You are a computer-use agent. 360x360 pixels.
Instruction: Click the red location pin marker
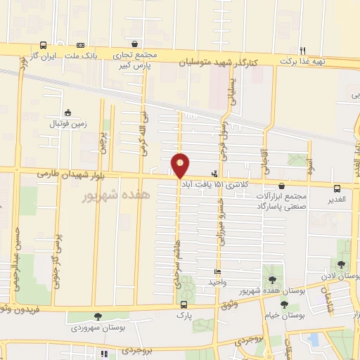pos(180,165)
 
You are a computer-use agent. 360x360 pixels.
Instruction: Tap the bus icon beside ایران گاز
pos(44,44)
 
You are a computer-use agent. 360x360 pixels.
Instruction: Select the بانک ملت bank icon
pos(80,44)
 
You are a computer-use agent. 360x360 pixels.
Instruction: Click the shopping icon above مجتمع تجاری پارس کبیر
pos(134,44)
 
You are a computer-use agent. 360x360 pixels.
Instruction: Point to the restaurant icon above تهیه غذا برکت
pos(303,50)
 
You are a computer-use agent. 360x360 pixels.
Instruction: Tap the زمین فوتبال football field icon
pos(67,112)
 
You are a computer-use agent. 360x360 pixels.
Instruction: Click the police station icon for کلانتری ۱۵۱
pos(214,173)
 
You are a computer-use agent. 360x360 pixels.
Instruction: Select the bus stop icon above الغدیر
pos(337,188)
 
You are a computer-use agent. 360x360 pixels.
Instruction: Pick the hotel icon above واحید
pos(217,272)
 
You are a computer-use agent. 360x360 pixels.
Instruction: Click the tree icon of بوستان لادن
pos(341,265)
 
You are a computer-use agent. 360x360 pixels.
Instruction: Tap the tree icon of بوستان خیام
pos(284,304)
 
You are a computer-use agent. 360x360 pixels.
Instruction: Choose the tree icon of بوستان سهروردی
pos(96,317)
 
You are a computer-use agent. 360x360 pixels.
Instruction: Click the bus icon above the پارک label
pos(184,304)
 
